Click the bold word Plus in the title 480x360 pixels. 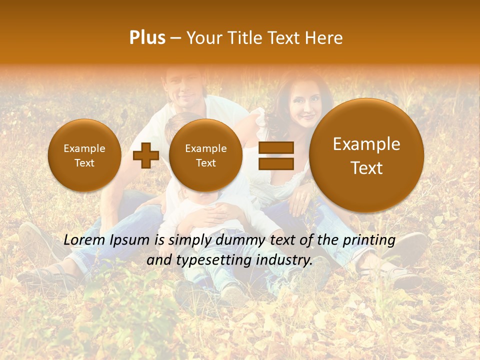pyautogui.click(x=147, y=38)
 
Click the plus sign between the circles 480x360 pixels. pyautogui.click(x=145, y=155)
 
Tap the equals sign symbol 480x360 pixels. pyautogui.click(x=275, y=155)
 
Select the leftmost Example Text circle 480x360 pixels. pyautogui.click(x=84, y=155)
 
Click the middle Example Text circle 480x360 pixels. pyautogui.click(x=205, y=155)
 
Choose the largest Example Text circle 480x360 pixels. pyautogui.click(x=366, y=155)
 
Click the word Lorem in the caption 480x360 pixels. pyautogui.click(x=84, y=240)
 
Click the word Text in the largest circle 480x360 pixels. pyautogui.click(x=366, y=168)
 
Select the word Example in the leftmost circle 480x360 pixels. pyautogui.click(x=84, y=148)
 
